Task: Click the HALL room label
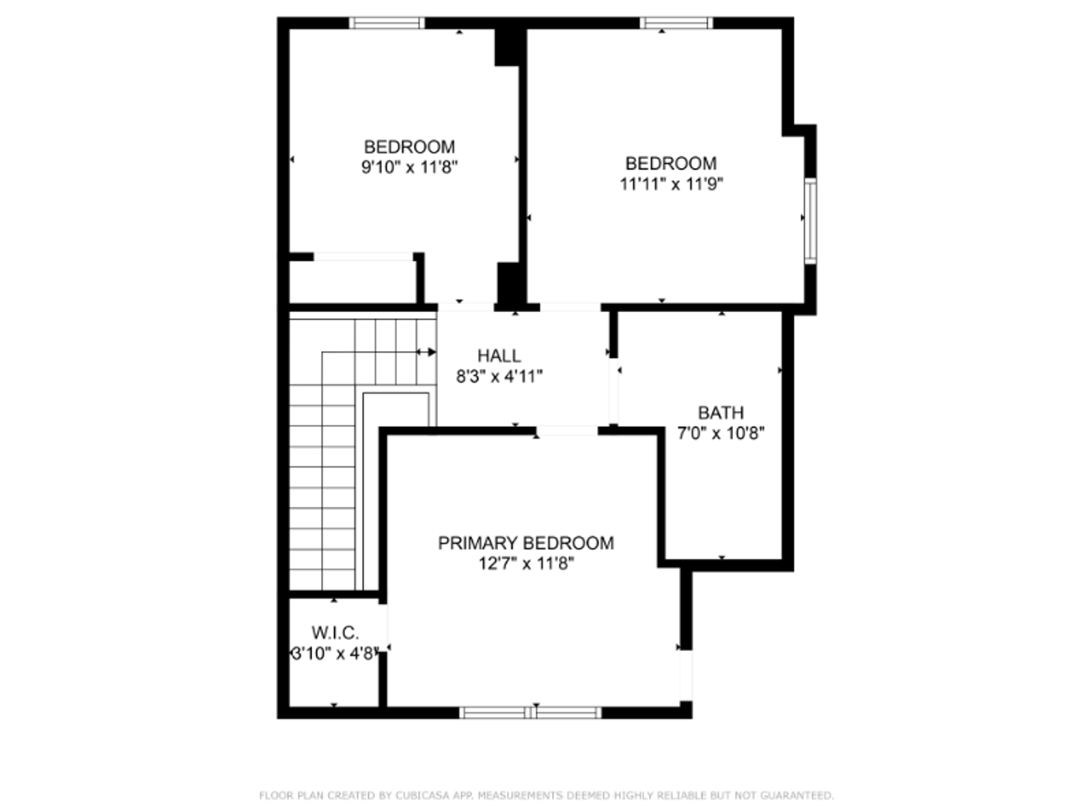[x=499, y=355]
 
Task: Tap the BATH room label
[x=721, y=412]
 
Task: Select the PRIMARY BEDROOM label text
[x=526, y=543]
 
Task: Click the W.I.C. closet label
[x=335, y=633]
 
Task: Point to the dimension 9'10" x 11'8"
[x=410, y=167]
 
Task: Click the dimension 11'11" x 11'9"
[x=671, y=184]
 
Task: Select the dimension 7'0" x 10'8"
[x=721, y=433]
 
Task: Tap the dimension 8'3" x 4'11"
[x=500, y=376]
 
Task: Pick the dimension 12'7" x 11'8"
[x=526, y=563]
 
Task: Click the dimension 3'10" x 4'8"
[x=333, y=654]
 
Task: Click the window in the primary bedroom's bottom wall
[x=530, y=712]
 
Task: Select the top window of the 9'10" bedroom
[x=386, y=23]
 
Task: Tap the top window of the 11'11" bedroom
[x=676, y=23]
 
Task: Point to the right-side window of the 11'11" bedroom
[x=810, y=220]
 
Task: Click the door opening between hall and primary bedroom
[x=567, y=430]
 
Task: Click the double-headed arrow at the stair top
[x=426, y=352]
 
